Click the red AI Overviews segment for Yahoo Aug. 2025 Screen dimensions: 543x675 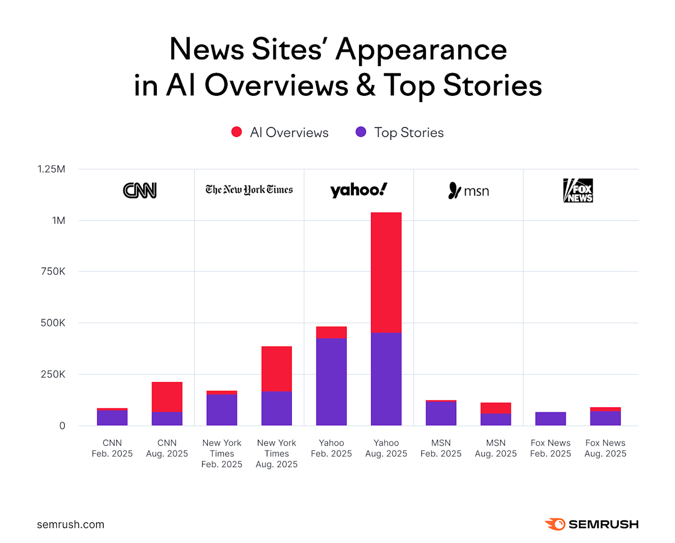click(386, 272)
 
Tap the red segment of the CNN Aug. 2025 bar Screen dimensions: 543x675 click(167, 397)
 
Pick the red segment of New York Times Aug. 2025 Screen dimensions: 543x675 click(276, 369)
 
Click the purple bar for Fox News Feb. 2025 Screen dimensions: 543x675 click(550, 419)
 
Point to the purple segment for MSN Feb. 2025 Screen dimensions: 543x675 click(441, 413)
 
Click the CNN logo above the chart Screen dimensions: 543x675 click(140, 191)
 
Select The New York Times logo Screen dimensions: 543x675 click(249, 190)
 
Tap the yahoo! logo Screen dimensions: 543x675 click(359, 190)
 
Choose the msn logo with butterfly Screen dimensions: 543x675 click(468, 191)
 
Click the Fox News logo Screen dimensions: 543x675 click(578, 190)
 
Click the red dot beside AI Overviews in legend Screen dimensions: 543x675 click(236, 132)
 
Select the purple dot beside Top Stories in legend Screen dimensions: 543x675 click(361, 132)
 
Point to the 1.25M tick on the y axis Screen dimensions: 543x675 click(51, 169)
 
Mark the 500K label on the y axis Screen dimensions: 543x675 click(53, 323)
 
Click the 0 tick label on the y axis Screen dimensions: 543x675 click(62, 426)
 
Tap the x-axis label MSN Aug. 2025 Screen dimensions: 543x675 click(496, 448)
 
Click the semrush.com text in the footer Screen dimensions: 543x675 click(71, 525)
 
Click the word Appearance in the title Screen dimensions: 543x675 click(421, 49)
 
